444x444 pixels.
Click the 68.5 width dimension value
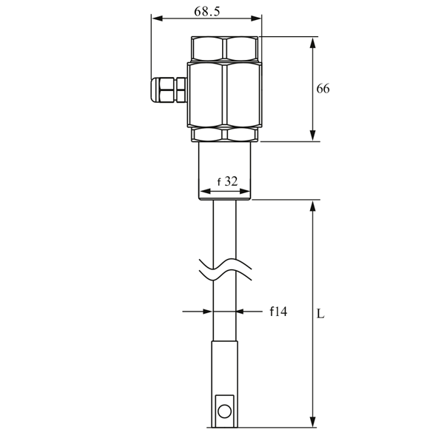[x=206, y=11]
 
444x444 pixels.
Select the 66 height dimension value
[x=323, y=89]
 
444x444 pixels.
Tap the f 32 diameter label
[x=226, y=181]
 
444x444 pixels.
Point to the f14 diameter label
[x=277, y=312]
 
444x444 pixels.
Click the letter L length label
[x=320, y=313]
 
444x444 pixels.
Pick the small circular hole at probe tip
[x=225, y=408]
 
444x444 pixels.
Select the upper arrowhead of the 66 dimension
[x=313, y=41]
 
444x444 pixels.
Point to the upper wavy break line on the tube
[x=225, y=263]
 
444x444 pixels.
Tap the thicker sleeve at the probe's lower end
[x=225, y=370]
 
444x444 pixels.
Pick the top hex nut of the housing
[x=225, y=48]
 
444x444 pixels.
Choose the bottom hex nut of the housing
[x=225, y=134]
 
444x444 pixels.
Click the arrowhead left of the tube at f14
[x=207, y=312]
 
